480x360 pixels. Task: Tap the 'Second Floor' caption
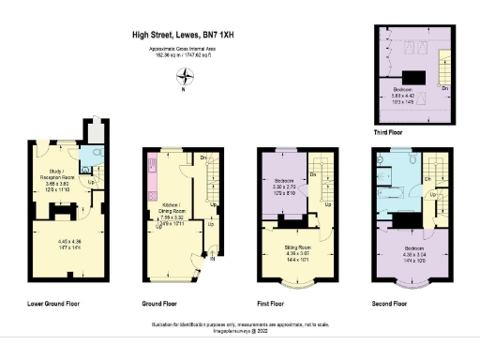click(x=389, y=304)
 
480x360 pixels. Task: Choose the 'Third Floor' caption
click(x=388, y=133)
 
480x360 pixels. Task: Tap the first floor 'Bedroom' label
click(x=284, y=180)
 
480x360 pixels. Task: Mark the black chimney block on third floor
click(x=417, y=78)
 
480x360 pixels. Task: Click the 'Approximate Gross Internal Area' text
click(x=184, y=51)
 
